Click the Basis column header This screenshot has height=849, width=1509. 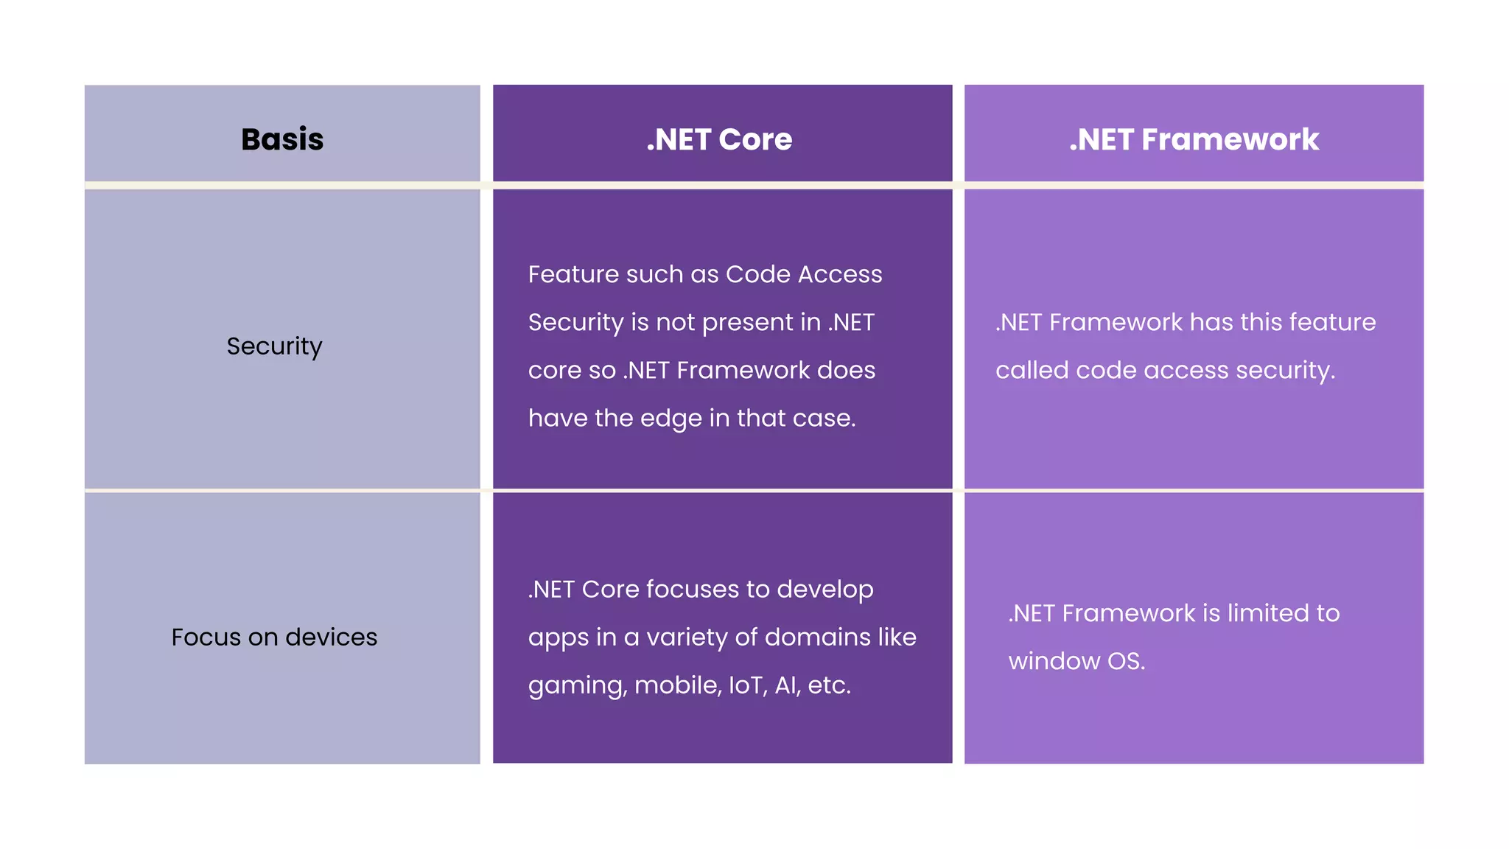282,139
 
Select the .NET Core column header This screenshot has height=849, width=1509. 719,139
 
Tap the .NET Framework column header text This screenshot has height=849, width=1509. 1194,139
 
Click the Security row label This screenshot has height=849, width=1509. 274,346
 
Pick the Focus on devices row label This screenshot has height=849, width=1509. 274,637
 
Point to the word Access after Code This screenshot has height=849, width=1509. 840,274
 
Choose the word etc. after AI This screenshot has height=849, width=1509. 829,685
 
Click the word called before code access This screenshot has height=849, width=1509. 1032,370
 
